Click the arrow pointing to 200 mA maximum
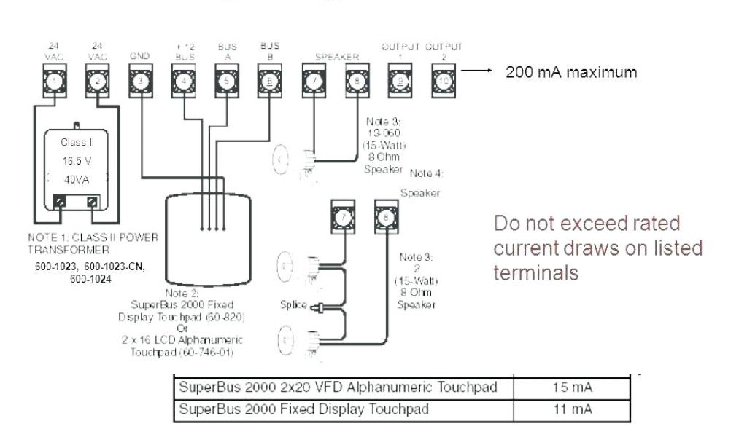tap(479, 71)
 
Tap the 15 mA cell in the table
tap(571, 388)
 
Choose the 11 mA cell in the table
tap(571, 409)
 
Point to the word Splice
tap(293, 306)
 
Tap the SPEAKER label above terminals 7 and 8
tap(334, 56)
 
